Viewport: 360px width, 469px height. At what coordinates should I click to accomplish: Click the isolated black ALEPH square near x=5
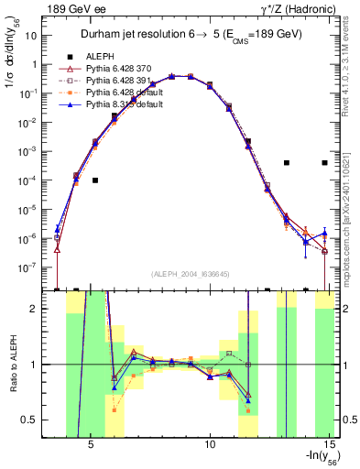coord(95,180)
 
